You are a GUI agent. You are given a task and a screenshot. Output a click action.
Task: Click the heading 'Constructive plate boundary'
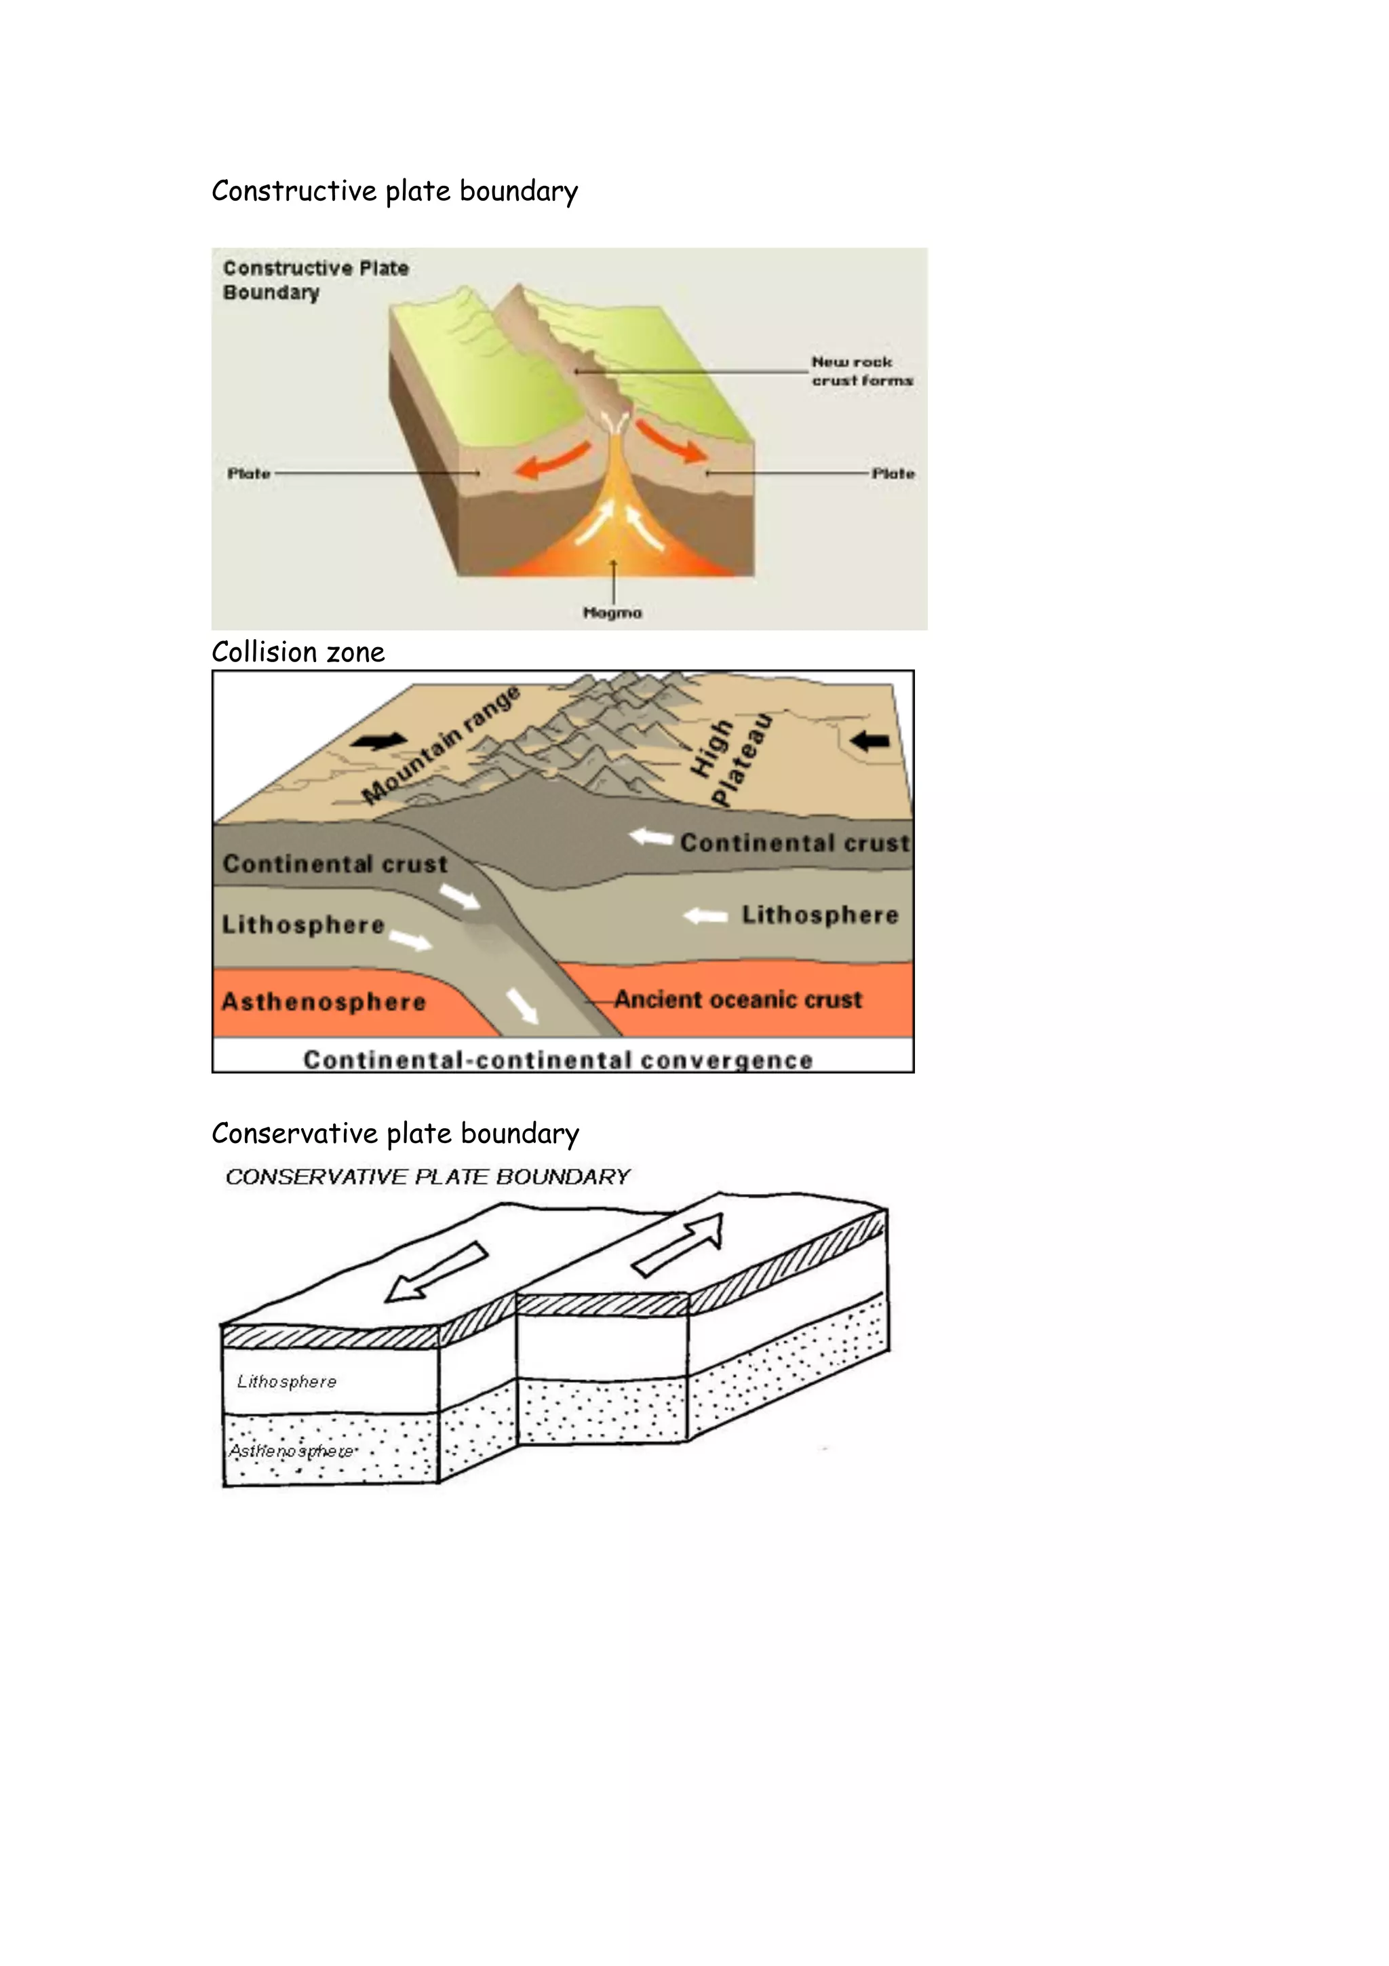pos(395,191)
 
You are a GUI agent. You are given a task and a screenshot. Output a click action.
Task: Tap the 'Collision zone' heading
pos(298,653)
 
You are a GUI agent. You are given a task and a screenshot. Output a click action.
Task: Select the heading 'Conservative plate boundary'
pos(395,1134)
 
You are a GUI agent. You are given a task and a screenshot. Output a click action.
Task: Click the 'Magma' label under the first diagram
pos(612,613)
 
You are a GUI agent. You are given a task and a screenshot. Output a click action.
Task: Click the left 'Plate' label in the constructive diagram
pos(249,474)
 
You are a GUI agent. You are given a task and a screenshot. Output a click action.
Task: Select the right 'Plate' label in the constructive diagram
pos(893,474)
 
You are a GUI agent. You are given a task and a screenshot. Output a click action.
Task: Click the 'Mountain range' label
pos(442,745)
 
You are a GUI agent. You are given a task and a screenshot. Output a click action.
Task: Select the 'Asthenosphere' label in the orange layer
pos(324,1002)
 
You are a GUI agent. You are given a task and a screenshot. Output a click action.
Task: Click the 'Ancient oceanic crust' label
pos(738,1000)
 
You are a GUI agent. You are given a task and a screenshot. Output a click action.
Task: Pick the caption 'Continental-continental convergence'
pos(558,1060)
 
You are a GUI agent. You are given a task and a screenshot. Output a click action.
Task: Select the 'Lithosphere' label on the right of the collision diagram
pos(820,915)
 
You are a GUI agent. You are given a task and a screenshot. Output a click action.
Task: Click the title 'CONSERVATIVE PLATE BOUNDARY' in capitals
pos(428,1178)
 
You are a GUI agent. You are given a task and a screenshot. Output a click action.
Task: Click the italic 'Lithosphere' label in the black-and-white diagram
pos(287,1382)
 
